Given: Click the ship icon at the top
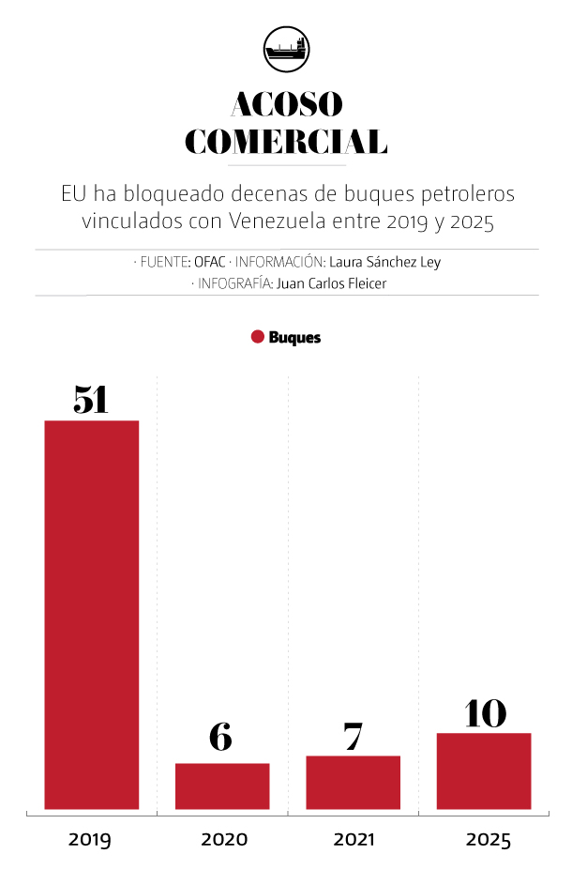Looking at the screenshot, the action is click(287, 49).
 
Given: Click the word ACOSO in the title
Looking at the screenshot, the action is click(287, 104).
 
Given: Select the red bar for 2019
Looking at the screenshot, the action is click(91, 615).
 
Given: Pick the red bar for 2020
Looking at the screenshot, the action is click(222, 786).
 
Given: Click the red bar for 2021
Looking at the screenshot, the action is click(354, 783).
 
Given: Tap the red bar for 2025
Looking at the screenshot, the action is click(484, 771).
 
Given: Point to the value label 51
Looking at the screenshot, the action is click(91, 400).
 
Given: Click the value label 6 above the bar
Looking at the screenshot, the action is click(220, 737).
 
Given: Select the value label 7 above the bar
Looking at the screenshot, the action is click(354, 737).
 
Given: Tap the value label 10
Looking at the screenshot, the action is click(485, 713).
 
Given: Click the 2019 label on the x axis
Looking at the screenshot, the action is click(90, 840).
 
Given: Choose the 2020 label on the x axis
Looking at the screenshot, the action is click(224, 839).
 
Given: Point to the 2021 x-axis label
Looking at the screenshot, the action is click(354, 839).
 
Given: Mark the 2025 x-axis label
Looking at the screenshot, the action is click(488, 840).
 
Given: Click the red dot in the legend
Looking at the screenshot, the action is click(258, 337).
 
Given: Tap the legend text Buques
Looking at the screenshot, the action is click(294, 338).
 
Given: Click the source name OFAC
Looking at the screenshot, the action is click(210, 262).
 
